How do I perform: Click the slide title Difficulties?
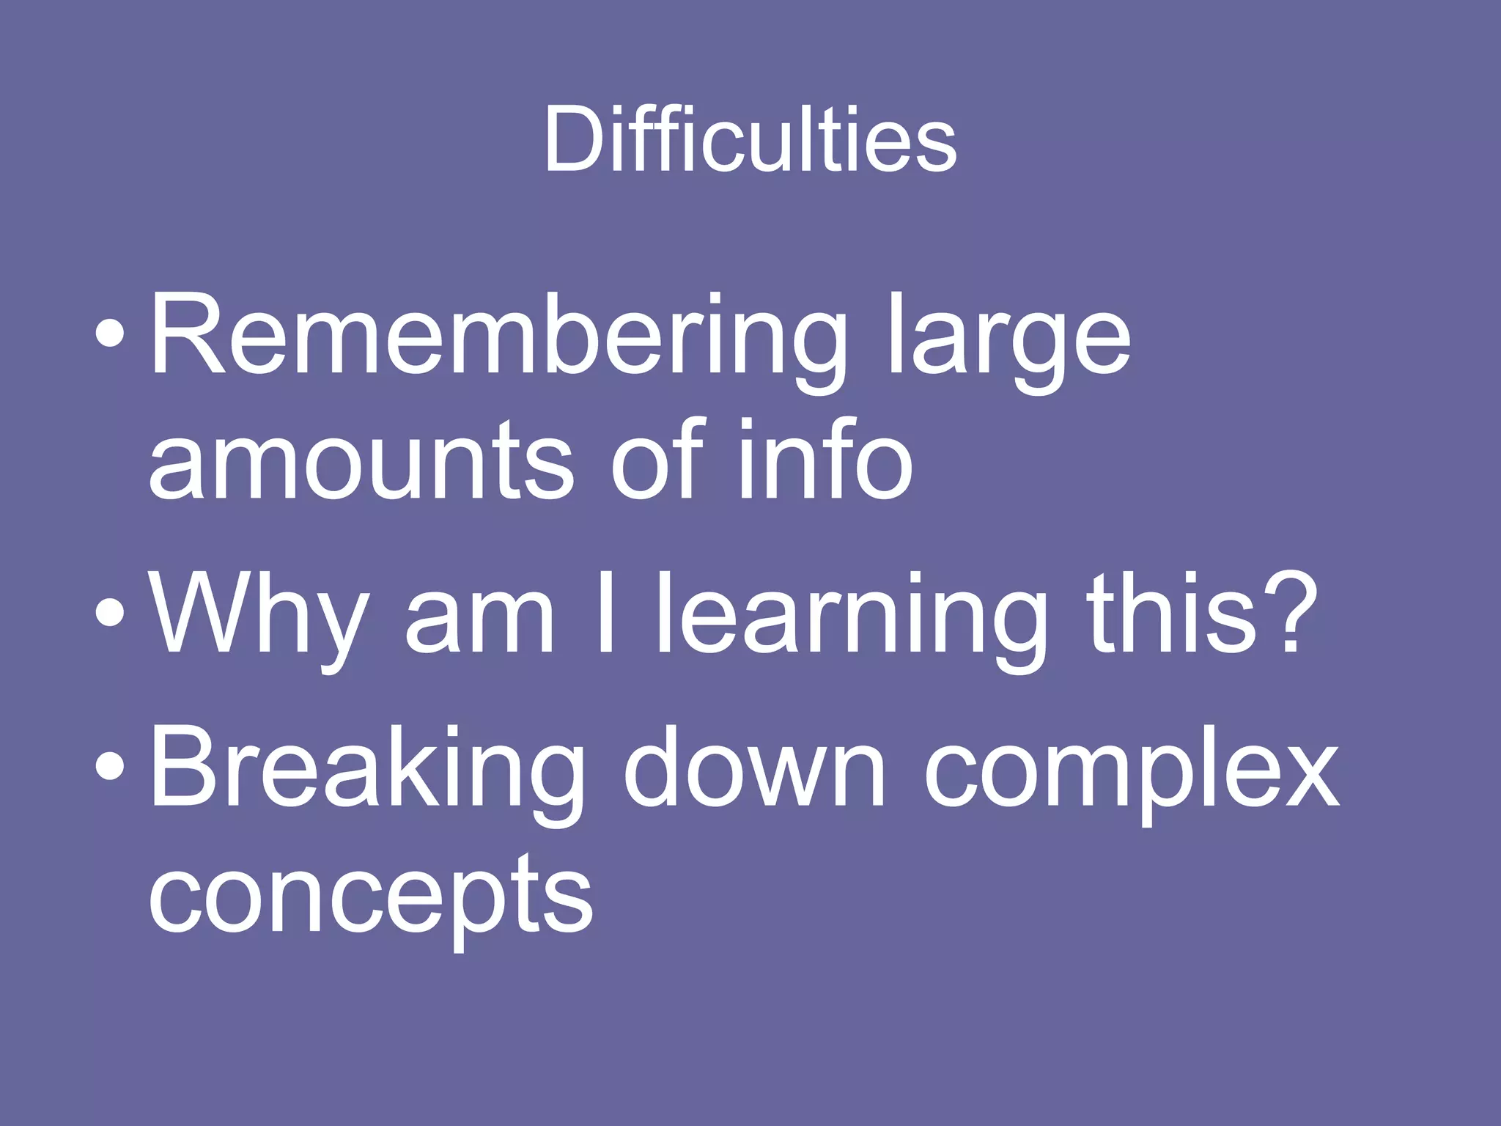point(750,139)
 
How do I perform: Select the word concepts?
point(371,898)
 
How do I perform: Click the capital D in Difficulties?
point(575,139)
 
